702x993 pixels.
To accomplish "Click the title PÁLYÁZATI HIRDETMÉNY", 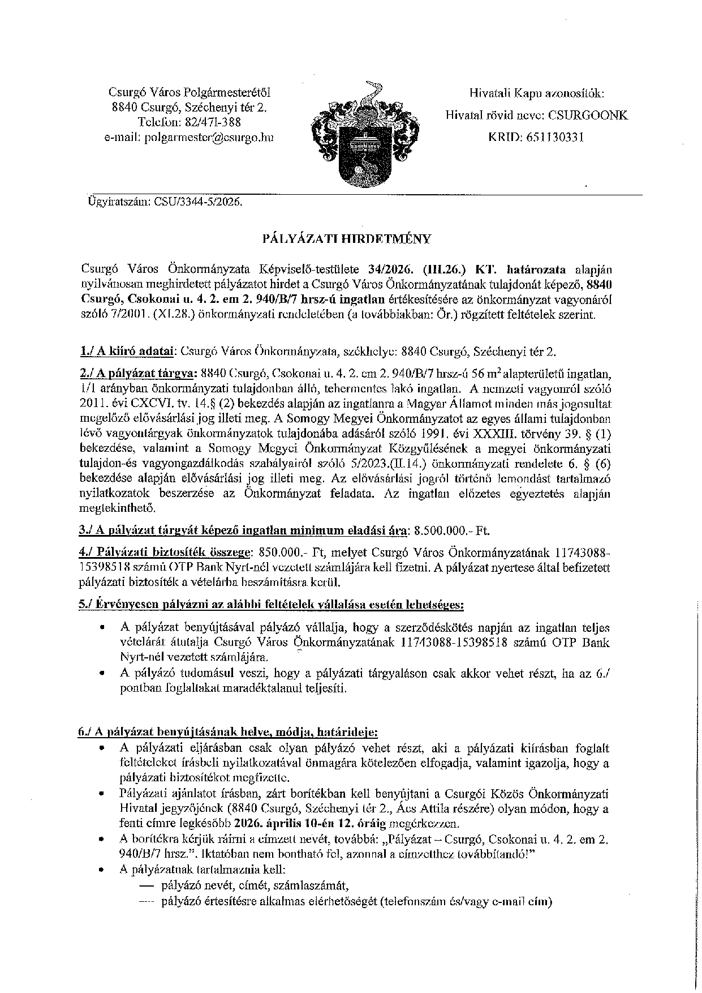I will click(x=347, y=239).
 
